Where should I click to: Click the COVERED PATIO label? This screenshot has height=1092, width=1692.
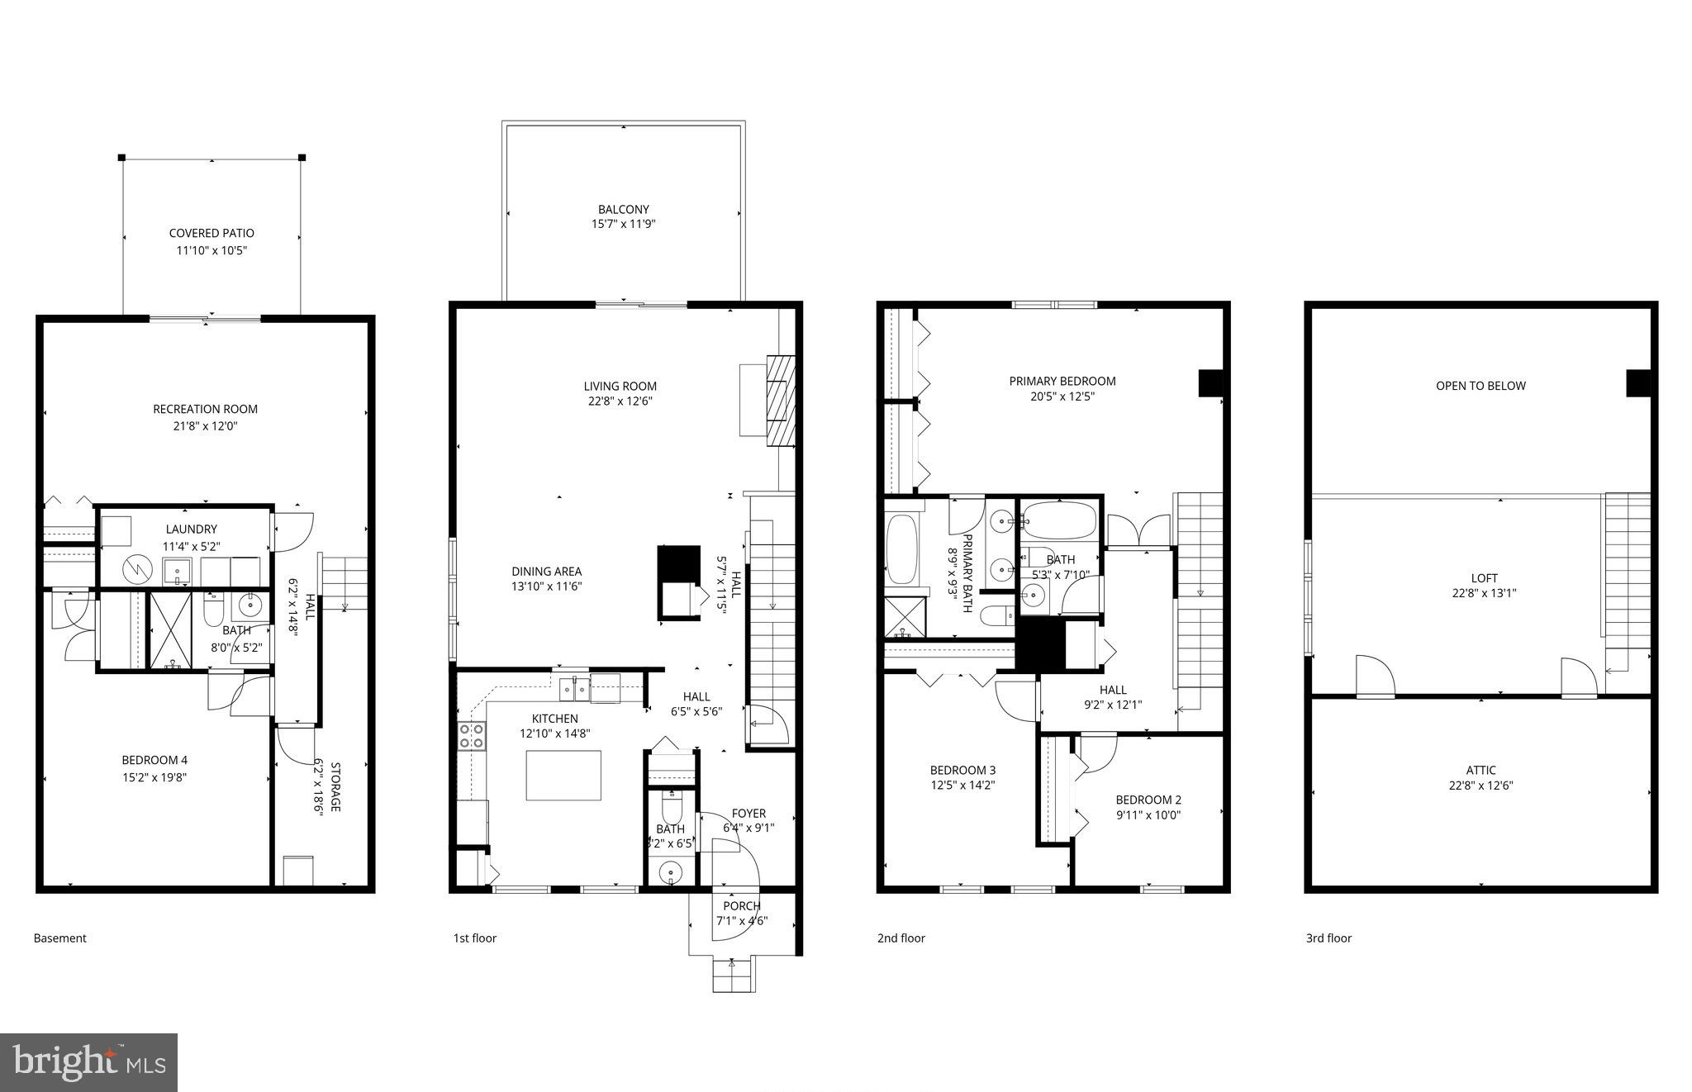point(211,234)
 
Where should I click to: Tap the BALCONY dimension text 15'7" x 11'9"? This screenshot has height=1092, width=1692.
point(624,224)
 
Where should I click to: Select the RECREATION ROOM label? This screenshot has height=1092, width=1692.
point(205,409)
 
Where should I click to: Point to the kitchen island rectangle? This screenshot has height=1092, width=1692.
point(564,776)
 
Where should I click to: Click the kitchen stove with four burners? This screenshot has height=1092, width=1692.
point(472,735)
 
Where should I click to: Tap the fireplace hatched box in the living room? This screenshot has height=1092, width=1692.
point(781,401)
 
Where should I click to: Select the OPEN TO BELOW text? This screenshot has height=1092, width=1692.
point(1480,386)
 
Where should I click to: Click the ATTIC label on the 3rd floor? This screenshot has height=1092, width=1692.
point(1481,771)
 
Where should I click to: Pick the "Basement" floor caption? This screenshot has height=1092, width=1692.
point(59,938)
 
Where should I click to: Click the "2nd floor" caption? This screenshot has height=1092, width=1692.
point(901,938)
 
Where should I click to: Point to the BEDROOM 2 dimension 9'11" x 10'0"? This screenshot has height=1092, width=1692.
point(1148,815)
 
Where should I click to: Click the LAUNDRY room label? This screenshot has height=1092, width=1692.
point(191,529)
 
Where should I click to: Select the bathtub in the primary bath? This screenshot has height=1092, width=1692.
point(901,548)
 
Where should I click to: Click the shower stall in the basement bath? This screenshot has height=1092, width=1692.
point(171,629)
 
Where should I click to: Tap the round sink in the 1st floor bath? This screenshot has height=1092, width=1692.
point(670,871)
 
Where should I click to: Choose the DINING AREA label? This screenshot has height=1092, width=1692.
point(546,572)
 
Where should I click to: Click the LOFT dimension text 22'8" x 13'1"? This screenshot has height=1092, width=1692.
point(1484,593)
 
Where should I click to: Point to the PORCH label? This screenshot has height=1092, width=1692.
point(742,906)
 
